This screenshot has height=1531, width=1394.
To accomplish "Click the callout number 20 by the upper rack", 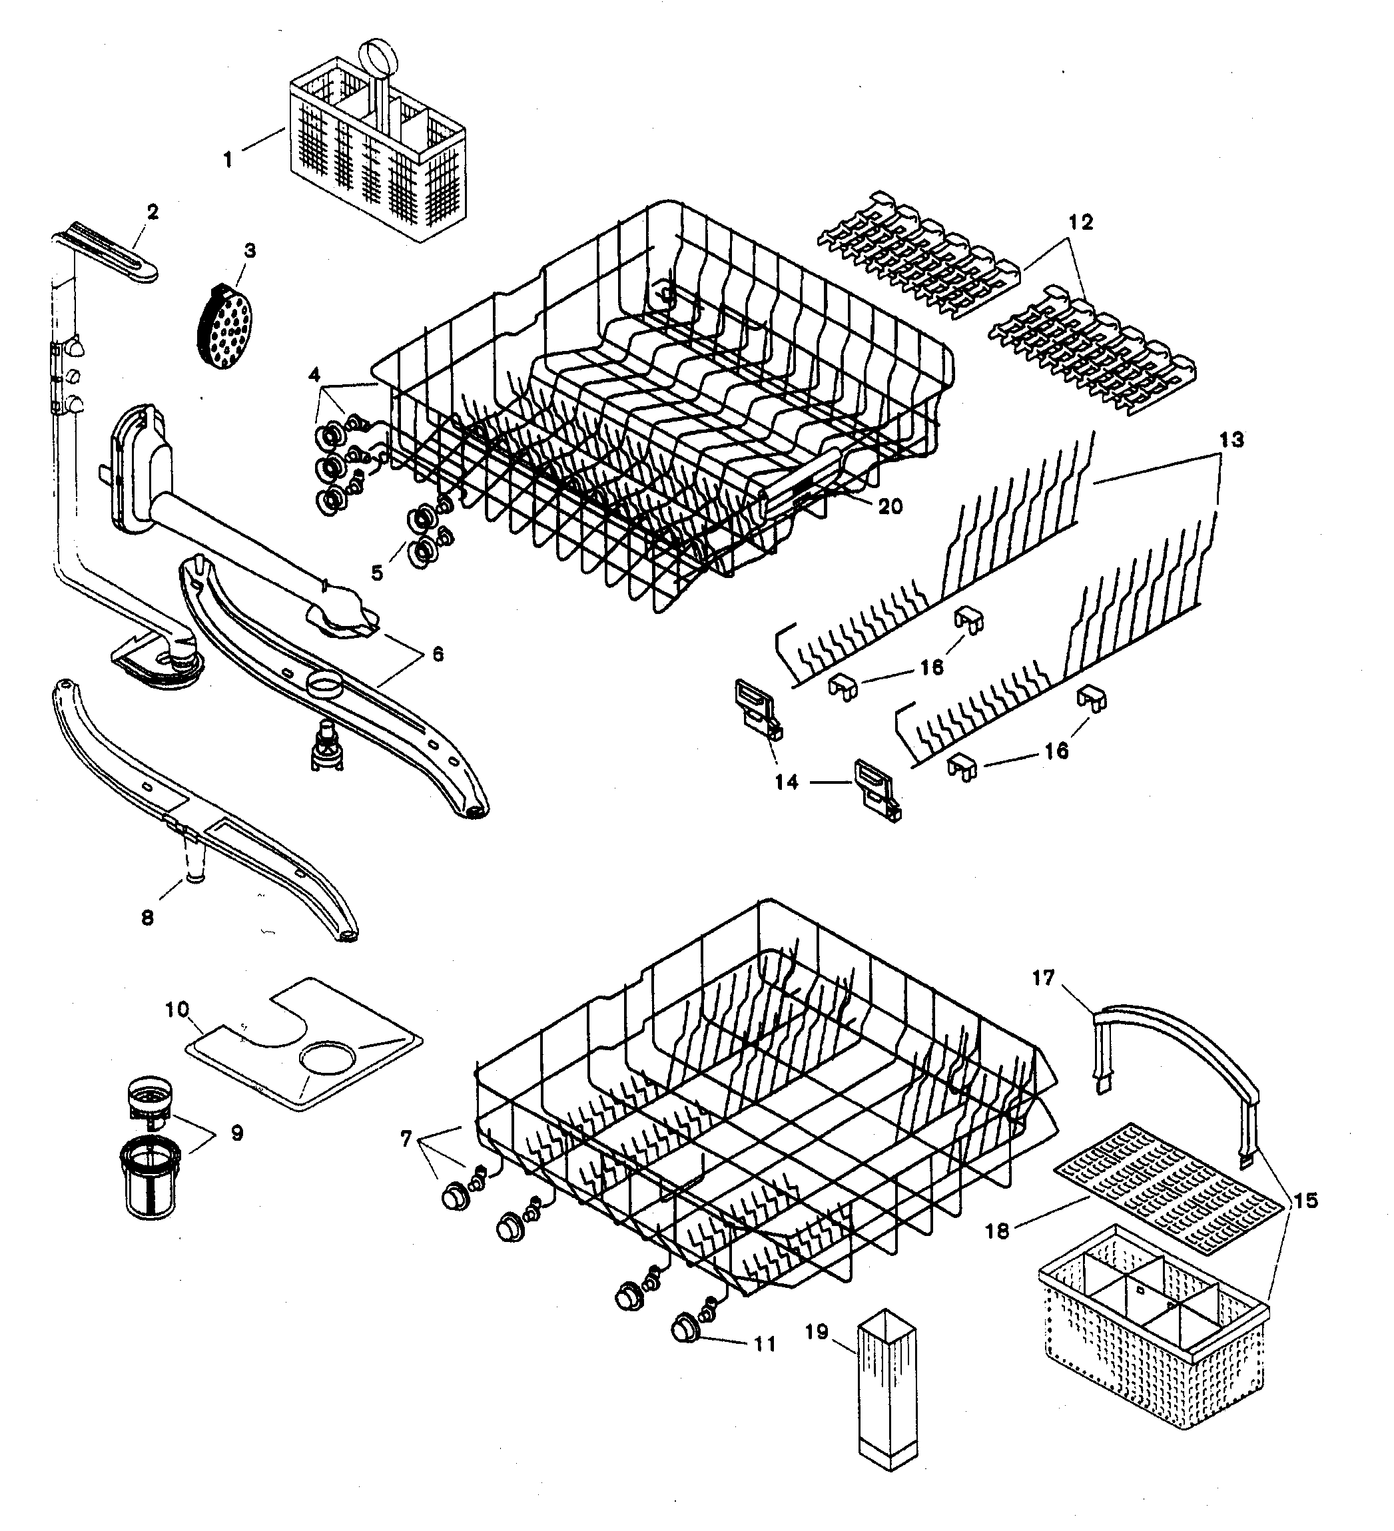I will (x=890, y=505).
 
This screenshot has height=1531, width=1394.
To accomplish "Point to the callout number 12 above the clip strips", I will (x=1080, y=222).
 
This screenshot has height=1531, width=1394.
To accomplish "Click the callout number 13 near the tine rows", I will (x=1231, y=439).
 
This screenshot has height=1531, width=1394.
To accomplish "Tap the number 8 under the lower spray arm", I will (x=147, y=918).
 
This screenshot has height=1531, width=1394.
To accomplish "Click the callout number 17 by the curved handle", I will (x=1043, y=978).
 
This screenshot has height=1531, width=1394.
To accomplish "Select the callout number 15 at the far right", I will (x=1306, y=1201).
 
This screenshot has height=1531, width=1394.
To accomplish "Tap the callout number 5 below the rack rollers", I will (x=378, y=573).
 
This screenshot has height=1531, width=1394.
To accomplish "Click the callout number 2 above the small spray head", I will (x=153, y=212).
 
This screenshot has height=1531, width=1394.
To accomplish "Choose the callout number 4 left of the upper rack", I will (x=314, y=374).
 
